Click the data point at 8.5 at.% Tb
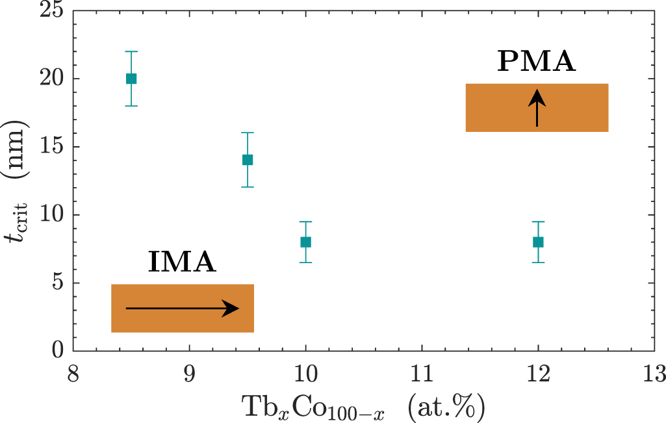pyautogui.click(x=131, y=79)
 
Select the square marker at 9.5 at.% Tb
pyautogui.click(x=248, y=160)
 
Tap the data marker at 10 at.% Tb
pyautogui.click(x=305, y=242)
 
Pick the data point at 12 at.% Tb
pyautogui.click(x=538, y=242)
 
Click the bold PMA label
pyautogui.click(x=537, y=62)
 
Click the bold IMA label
pyautogui.click(x=182, y=262)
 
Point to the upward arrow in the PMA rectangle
pyautogui.click(x=537, y=107)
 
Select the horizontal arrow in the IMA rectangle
pyautogui.click(x=182, y=309)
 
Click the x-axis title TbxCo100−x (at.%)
pyautogui.click(x=364, y=407)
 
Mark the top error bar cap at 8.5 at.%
pyautogui.click(x=131, y=51)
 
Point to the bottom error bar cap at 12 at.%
pyautogui.click(x=538, y=263)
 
